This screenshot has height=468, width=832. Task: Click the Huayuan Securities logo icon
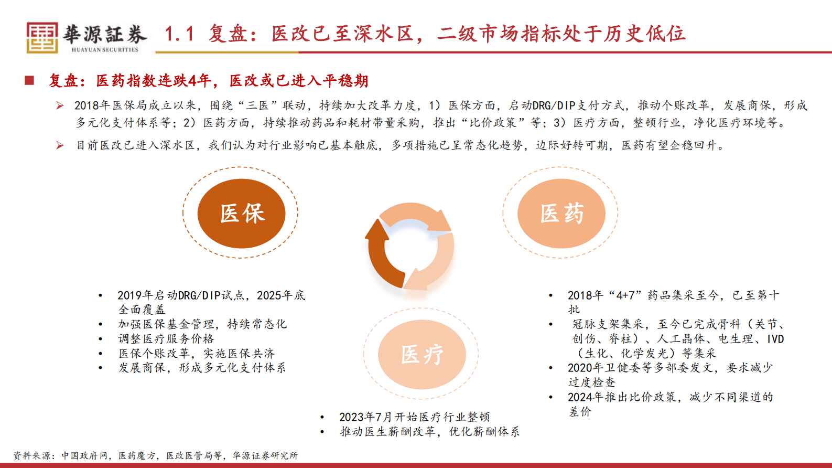(42, 37)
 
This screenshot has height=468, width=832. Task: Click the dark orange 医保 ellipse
(241, 213)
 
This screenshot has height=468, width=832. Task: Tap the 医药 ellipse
(561, 213)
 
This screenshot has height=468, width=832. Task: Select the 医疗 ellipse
(422, 354)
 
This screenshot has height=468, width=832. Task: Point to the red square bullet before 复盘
(29, 80)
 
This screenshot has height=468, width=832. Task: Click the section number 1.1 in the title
(179, 34)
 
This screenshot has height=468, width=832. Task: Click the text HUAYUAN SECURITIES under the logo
(105, 50)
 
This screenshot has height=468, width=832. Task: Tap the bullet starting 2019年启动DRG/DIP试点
(211, 296)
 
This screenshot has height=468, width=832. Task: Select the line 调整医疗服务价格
(166, 339)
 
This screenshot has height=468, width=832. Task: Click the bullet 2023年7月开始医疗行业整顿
(414, 417)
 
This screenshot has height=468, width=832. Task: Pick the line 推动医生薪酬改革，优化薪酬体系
(429, 432)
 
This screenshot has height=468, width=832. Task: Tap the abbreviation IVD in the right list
(775, 339)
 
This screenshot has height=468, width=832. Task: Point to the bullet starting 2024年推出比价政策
(670, 397)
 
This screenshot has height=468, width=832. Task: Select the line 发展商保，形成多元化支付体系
(202, 368)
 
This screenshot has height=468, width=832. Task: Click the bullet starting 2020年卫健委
(669, 368)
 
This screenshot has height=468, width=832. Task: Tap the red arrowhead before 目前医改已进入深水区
(60, 145)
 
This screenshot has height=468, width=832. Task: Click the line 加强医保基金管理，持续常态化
(202, 324)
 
